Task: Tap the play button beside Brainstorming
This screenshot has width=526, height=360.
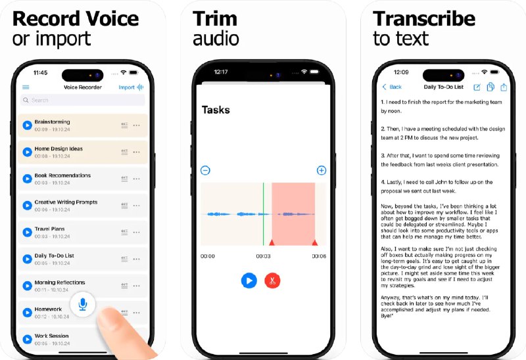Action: [27, 125]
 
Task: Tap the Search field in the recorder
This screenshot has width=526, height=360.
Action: [83, 101]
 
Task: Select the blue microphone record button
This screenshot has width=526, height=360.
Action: [83, 304]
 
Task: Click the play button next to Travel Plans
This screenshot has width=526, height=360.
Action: [27, 232]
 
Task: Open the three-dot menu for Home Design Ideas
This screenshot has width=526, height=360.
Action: [137, 152]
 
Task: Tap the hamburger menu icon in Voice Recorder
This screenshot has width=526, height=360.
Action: [26, 87]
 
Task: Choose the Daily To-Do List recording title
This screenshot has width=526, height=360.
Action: [54, 256]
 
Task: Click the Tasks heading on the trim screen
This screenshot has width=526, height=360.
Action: [216, 110]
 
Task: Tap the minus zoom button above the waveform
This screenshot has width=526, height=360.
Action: [205, 171]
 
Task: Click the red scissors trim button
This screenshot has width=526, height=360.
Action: [272, 281]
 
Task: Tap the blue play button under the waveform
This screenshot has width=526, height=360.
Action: [249, 281]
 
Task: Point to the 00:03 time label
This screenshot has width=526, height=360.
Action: [263, 256]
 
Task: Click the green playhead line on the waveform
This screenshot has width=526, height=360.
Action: [263, 214]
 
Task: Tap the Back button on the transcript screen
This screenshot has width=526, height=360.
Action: [392, 87]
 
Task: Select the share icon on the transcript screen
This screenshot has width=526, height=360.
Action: [504, 87]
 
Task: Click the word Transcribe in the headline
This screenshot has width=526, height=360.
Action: [423, 18]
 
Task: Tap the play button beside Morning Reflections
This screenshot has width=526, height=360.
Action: [27, 286]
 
